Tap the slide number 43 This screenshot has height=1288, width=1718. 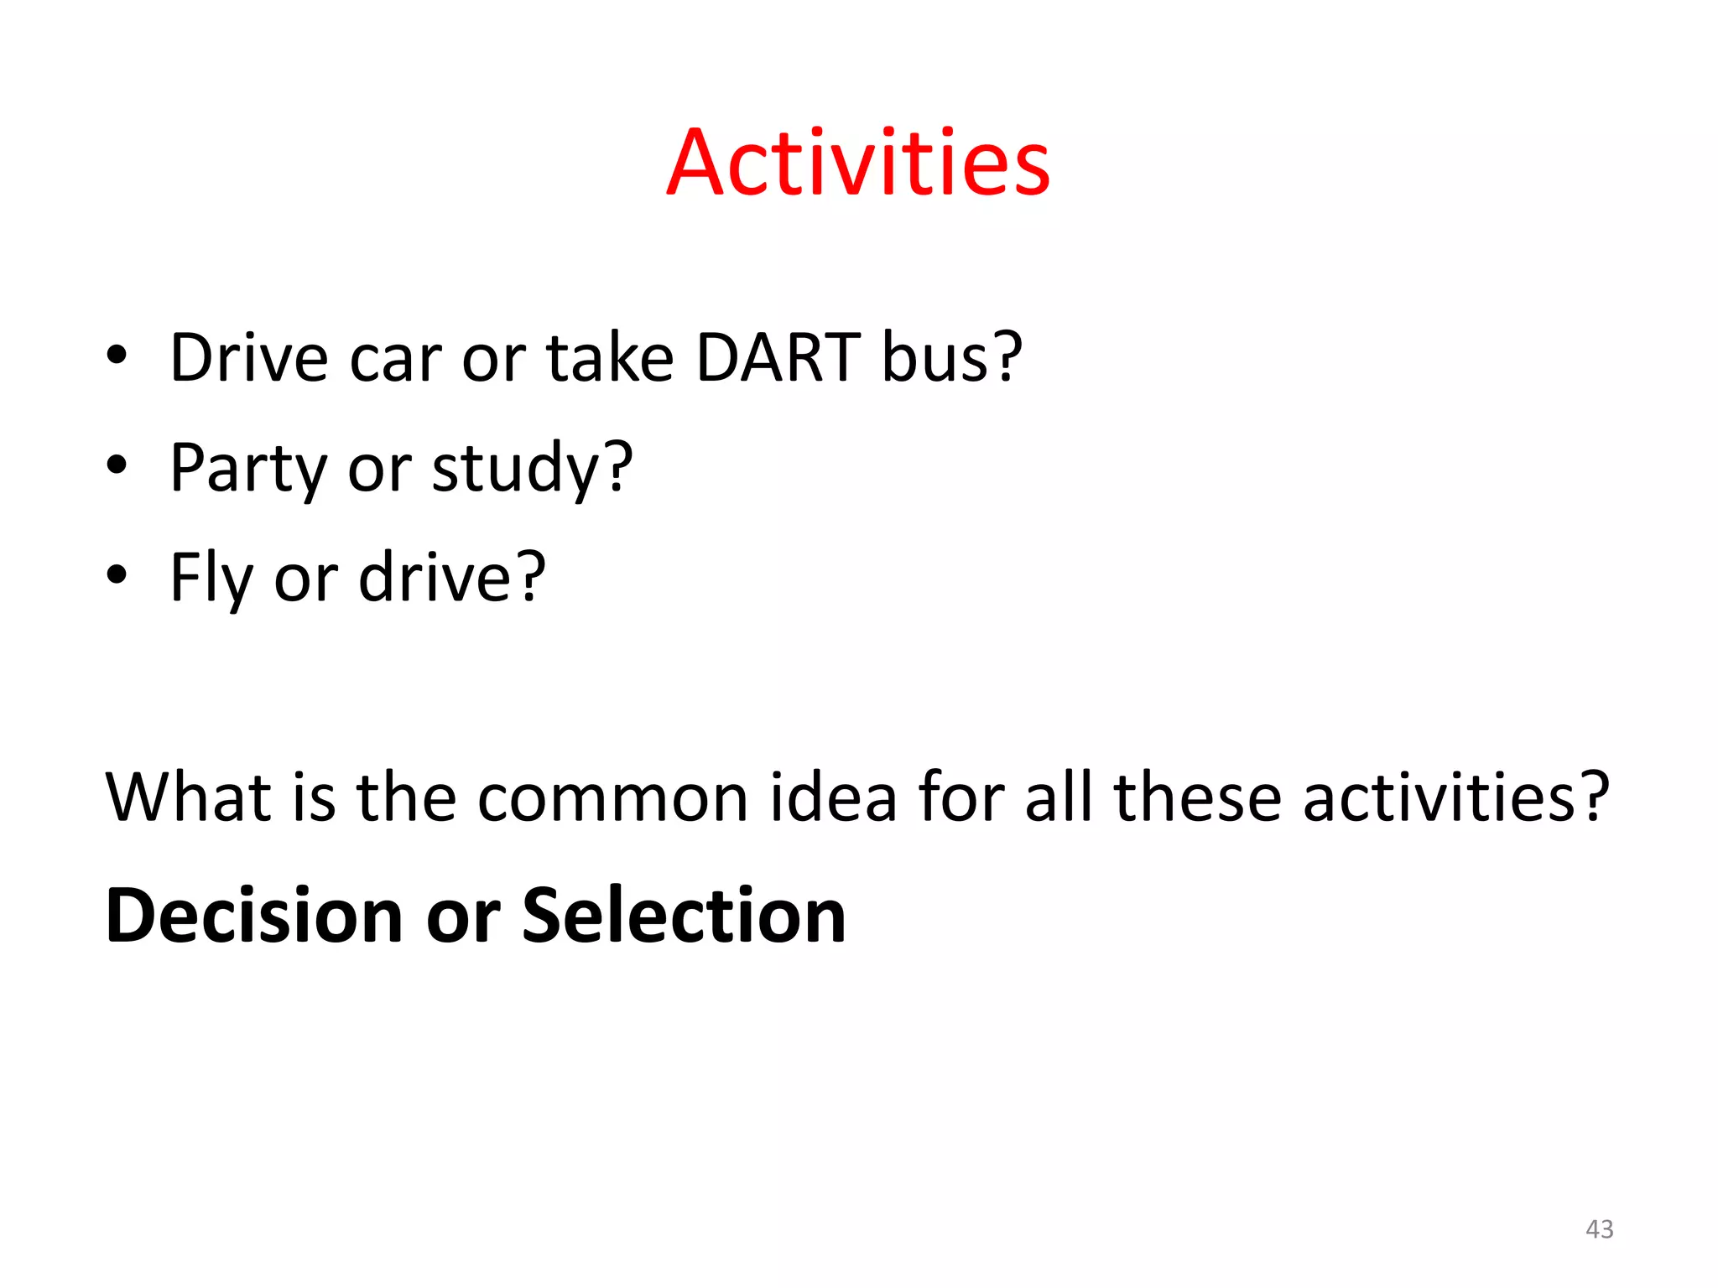(x=1599, y=1228)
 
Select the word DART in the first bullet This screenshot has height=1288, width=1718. (x=778, y=358)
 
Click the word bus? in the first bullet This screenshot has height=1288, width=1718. (x=951, y=358)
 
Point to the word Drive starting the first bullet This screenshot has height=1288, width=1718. (x=249, y=358)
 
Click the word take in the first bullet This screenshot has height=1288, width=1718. (x=610, y=358)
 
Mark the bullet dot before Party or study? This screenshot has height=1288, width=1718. (x=117, y=465)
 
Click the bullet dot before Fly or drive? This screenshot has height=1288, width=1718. (x=117, y=575)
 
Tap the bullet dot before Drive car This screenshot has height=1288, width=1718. (x=117, y=356)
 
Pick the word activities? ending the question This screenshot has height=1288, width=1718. (x=1455, y=796)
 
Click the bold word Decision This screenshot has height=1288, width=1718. (x=254, y=916)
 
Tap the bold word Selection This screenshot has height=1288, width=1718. (x=684, y=916)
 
